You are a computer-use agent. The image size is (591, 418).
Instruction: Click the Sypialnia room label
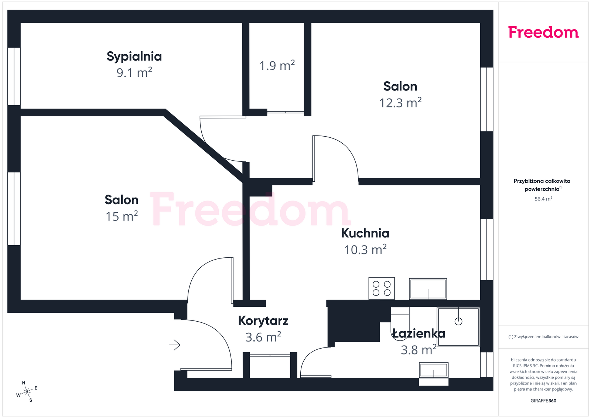click(134, 57)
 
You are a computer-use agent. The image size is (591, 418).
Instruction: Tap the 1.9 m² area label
click(277, 65)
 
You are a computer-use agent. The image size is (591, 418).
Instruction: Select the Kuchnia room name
click(365, 233)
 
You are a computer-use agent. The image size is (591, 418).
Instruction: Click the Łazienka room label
click(419, 333)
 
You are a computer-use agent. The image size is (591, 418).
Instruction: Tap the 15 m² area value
click(122, 216)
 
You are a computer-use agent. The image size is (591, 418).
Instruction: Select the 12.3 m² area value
click(400, 103)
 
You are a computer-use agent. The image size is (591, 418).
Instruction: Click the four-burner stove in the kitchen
click(382, 288)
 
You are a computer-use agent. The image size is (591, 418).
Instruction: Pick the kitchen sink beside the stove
click(428, 289)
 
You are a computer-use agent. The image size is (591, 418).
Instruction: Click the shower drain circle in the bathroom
click(458, 322)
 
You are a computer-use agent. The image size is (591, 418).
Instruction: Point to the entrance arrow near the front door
click(175, 345)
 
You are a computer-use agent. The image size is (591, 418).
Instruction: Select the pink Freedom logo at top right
click(543, 32)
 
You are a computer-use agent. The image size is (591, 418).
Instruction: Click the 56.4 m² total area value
click(543, 199)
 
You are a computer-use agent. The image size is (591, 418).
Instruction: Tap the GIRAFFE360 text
click(543, 401)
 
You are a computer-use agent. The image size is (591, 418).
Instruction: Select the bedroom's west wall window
click(14, 76)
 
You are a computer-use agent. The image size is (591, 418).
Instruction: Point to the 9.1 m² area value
click(134, 73)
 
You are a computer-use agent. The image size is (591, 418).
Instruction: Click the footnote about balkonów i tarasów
click(543, 337)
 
